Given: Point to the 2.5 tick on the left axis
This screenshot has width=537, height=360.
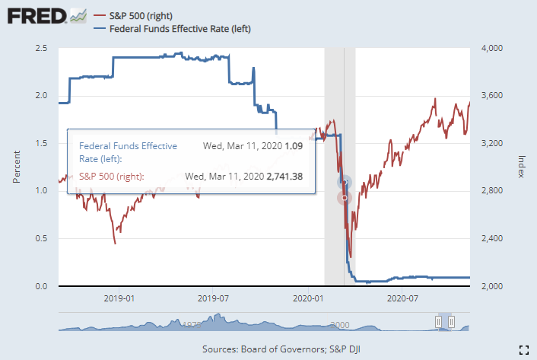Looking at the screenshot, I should tap(42, 48).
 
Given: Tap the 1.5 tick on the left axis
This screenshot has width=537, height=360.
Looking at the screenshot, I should tap(42, 143).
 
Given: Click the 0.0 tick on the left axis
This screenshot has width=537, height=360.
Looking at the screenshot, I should tap(42, 286).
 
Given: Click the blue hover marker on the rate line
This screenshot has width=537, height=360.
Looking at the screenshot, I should tap(344, 181).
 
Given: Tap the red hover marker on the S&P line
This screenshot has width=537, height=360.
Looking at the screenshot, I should tap(344, 198).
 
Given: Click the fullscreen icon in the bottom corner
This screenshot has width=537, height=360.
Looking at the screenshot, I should tap(523, 349).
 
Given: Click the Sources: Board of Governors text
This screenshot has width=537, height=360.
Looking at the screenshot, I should tap(268, 349).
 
